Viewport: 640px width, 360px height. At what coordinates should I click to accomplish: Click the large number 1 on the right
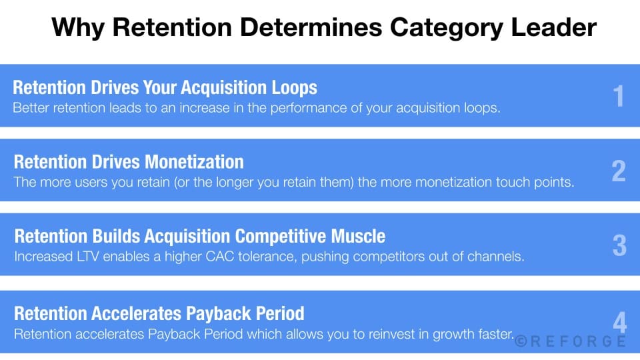619,97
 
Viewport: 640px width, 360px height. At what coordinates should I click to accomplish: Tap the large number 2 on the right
619,171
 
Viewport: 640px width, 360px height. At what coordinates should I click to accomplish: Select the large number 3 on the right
619,246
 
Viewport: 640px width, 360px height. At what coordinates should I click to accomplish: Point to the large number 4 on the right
619,323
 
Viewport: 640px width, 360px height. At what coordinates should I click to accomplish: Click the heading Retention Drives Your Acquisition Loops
165,88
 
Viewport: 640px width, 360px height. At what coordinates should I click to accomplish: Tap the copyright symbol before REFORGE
521,341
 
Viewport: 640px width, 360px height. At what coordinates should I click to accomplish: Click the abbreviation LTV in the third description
81,256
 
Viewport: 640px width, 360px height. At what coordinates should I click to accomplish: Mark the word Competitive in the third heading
269,237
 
